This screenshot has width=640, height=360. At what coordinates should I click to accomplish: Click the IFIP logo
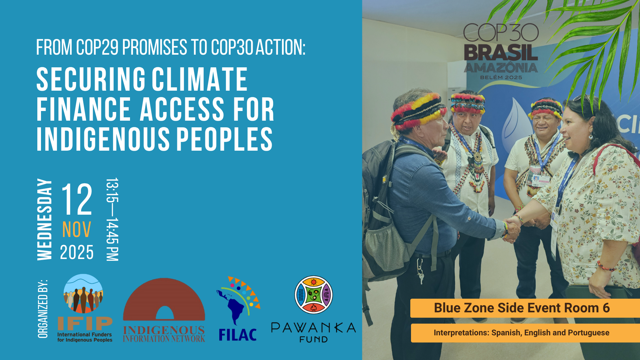tap(85, 308)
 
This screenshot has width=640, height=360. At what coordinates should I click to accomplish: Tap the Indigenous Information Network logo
tap(164, 310)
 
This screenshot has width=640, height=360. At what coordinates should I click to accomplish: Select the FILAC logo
tap(238, 309)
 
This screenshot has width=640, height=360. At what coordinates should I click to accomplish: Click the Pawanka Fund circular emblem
tap(314, 295)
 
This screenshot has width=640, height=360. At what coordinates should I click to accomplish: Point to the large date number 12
tap(77, 199)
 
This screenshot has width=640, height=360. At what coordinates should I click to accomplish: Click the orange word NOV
tap(77, 230)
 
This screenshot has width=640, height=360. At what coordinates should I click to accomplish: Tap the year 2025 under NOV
tap(77, 252)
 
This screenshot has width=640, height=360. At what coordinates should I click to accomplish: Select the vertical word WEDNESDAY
tap(45, 219)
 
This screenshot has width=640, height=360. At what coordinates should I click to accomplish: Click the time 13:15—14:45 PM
tap(112, 219)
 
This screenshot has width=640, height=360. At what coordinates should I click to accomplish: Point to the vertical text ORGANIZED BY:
tap(43, 309)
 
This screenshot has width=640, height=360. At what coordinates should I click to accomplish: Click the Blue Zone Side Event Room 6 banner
tap(525, 308)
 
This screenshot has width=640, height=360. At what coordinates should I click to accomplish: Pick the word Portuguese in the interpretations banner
tap(589, 333)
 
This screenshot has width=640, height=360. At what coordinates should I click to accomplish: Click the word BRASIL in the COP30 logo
tap(501, 53)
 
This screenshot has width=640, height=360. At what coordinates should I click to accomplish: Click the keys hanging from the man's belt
tap(421, 272)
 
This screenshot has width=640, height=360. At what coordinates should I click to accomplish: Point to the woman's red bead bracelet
tap(606, 266)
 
